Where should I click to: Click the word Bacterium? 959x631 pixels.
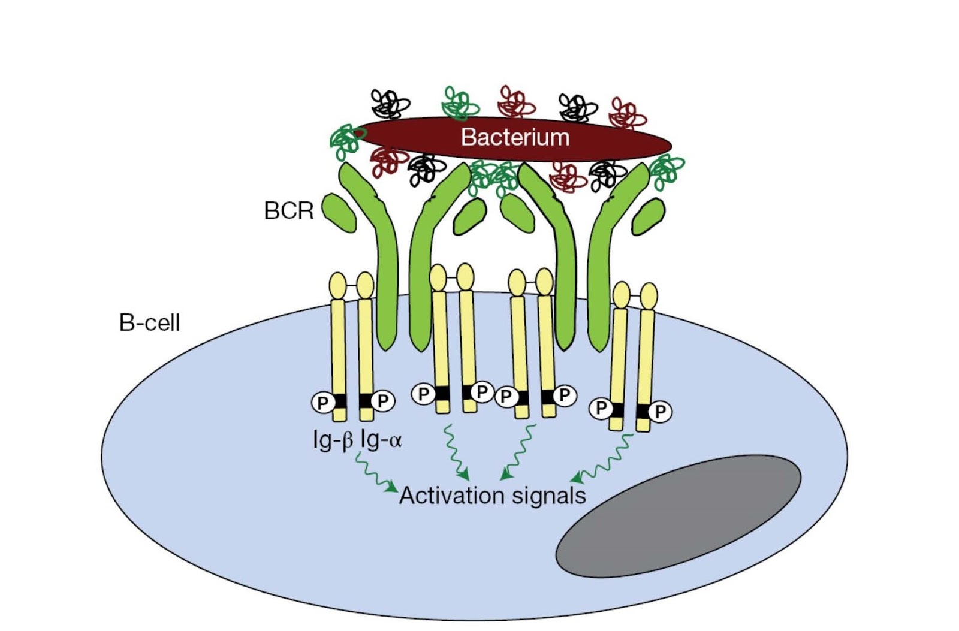click(514, 137)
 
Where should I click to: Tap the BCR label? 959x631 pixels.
click(288, 210)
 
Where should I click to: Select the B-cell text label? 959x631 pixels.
click(149, 323)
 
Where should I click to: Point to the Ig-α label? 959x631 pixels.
click(381, 441)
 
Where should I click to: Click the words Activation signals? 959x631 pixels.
click(492, 496)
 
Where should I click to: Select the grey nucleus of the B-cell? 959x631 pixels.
click(678, 516)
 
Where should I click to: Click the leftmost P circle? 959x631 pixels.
click(322, 403)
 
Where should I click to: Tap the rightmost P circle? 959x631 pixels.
click(660, 412)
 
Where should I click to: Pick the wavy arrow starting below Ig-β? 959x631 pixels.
click(375, 473)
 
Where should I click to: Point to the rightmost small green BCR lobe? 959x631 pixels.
click(648, 216)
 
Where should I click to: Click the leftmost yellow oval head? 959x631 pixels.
click(338, 286)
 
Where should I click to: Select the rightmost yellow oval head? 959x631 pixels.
click(649, 296)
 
